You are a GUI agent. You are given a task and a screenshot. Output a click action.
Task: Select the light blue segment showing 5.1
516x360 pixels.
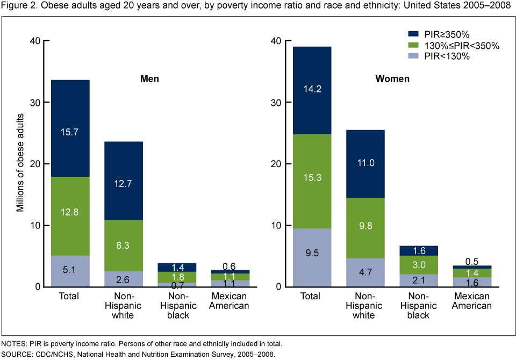click(x=70, y=271)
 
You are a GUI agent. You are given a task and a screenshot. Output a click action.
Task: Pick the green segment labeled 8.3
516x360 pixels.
click(x=123, y=245)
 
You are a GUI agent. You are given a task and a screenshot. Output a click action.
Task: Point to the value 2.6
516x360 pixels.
click(x=123, y=279)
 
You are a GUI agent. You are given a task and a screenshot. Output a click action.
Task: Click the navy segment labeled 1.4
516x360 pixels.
click(x=177, y=267)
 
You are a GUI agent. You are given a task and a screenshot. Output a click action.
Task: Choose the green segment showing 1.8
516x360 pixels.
click(x=177, y=277)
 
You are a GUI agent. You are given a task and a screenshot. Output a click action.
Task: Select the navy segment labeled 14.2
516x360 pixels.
click(x=312, y=90)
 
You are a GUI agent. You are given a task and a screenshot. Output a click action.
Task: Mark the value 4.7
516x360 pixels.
click(x=365, y=272)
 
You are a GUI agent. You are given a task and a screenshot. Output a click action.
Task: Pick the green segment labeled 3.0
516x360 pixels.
click(x=419, y=264)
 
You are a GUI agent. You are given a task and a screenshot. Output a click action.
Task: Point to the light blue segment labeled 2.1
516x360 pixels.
click(x=419, y=280)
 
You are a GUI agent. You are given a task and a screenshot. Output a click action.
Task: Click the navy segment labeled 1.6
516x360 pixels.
click(x=419, y=250)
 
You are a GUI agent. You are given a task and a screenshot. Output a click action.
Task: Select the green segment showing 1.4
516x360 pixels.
click(x=472, y=273)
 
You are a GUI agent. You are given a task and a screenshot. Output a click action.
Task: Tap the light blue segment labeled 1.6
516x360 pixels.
click(x=472, y=283)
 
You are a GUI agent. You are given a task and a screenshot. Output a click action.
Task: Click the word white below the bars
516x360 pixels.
click(x=363, y=316)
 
